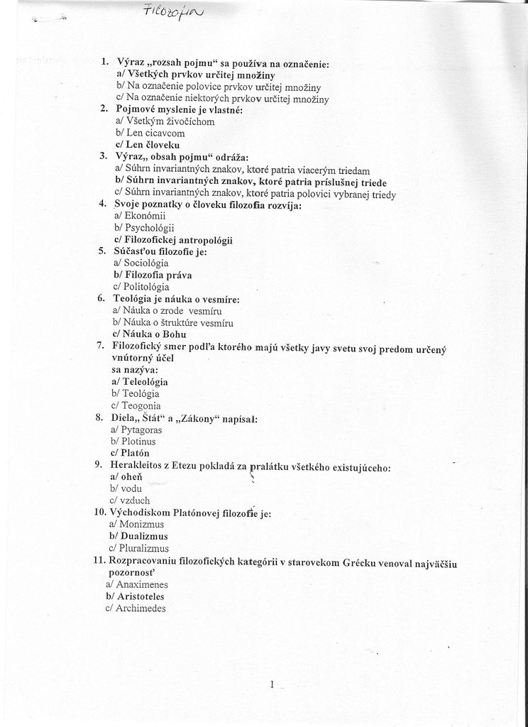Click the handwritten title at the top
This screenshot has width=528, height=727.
[163, 11]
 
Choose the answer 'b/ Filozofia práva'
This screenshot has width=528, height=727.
[152, 275]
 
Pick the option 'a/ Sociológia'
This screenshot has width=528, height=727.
[141, 263]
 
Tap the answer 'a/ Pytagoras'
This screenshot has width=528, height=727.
[136, 430]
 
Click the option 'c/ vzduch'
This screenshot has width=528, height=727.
[129, 501]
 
